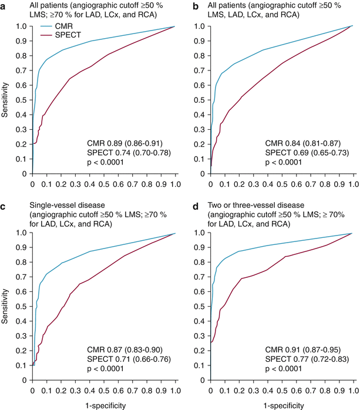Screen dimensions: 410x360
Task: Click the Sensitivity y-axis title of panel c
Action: (5, 307)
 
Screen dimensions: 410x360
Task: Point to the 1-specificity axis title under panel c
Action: (103, 405)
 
